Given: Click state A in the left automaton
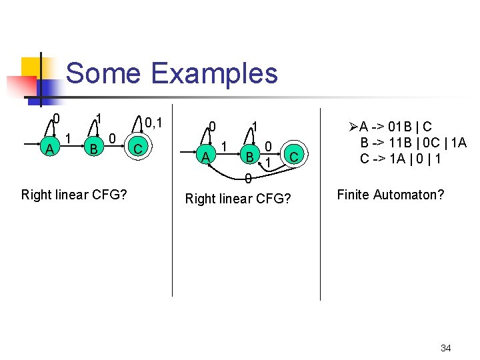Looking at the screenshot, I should [49, 149].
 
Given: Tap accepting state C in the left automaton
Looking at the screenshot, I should [137, 149].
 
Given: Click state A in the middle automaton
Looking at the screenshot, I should [205, 157].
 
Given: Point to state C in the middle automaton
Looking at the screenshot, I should [292, 157].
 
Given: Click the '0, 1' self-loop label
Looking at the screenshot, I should [153, 123].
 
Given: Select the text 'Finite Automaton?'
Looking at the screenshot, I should [391, 195].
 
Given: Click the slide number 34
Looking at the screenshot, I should [446, 348].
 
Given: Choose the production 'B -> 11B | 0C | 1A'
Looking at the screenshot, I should [413, 143].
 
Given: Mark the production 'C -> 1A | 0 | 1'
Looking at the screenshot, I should [401, 159].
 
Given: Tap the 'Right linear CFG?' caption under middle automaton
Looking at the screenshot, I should [237, 199].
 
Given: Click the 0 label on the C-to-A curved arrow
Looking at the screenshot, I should [247, 179].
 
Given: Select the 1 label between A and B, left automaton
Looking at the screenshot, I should [69, 138].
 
